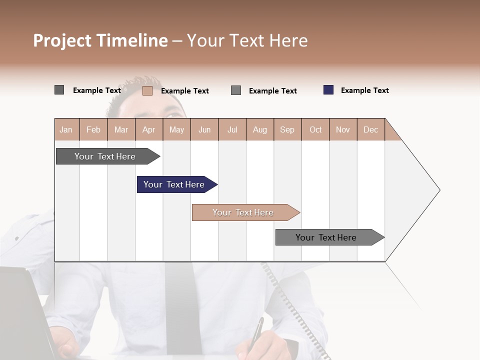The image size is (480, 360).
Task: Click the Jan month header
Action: point(66,129)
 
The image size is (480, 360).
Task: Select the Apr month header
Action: point(149,129)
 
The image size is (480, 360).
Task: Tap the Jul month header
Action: point(232,129)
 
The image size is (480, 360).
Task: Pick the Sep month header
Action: point(287,129)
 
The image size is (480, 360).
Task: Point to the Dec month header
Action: point(370,129)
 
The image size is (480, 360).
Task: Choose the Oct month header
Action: point(315,129)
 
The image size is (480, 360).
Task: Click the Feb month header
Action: point(93,129)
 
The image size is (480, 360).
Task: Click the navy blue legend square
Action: point(328,90)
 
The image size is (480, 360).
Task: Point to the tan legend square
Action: point(147,90)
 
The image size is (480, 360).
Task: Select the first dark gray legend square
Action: point(59,90)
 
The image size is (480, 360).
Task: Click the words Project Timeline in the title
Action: point(100,40)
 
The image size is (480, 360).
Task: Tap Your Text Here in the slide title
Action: point(247,40)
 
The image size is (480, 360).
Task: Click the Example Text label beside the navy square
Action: point(365,90)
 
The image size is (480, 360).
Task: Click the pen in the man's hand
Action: point(257,332)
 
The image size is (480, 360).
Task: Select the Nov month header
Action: point(343,129)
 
